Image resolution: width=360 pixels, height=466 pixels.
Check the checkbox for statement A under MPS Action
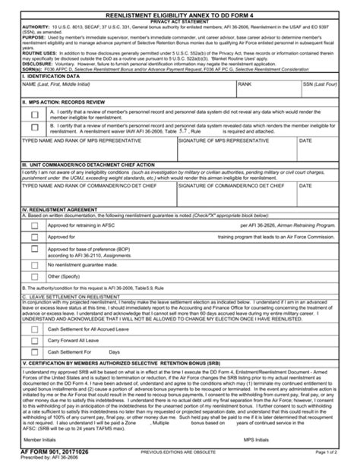[34, 114]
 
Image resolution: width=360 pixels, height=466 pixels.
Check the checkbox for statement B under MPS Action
[34, 128]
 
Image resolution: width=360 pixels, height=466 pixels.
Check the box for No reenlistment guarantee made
[34, 267]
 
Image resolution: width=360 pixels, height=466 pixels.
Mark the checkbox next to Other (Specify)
[34, 278]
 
